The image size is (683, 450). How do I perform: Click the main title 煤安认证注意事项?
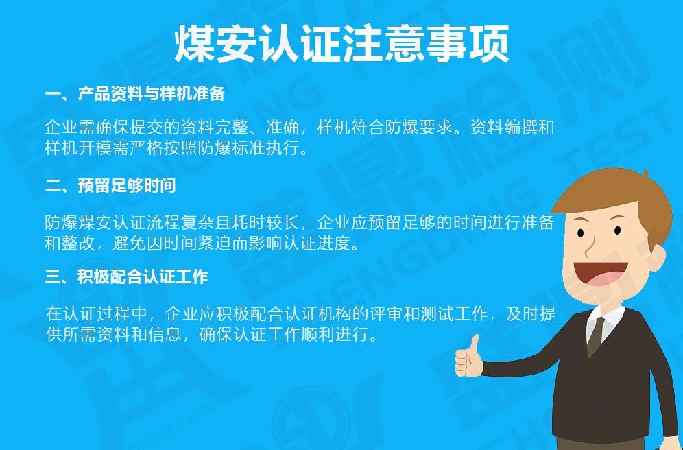tap(341, 45)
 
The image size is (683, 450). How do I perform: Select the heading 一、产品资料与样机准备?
tap(135, 94)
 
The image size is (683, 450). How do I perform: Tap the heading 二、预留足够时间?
tap(110, 185)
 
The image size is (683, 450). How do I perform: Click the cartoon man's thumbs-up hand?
tap(469, 357)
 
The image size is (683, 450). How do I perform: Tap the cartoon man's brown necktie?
tap(595, 336)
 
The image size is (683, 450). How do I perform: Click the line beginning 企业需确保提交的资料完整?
tap(299, 128)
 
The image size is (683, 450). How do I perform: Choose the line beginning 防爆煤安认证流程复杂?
tap(299, 222)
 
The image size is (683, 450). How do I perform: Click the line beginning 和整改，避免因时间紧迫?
tap(202, 242)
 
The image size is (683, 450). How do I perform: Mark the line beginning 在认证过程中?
tap(300, 315)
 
